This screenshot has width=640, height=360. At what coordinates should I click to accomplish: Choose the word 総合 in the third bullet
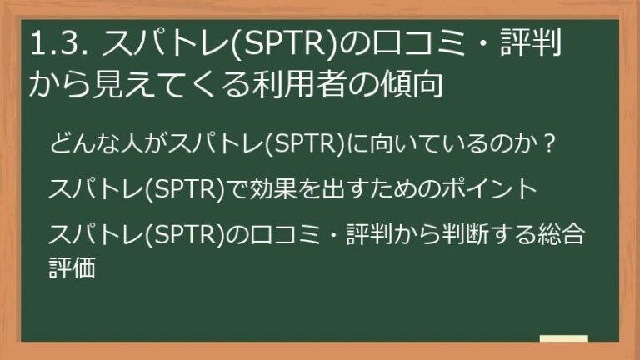[x=562, y=233]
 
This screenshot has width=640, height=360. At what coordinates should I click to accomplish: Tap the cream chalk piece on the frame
[x=563, y=337]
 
